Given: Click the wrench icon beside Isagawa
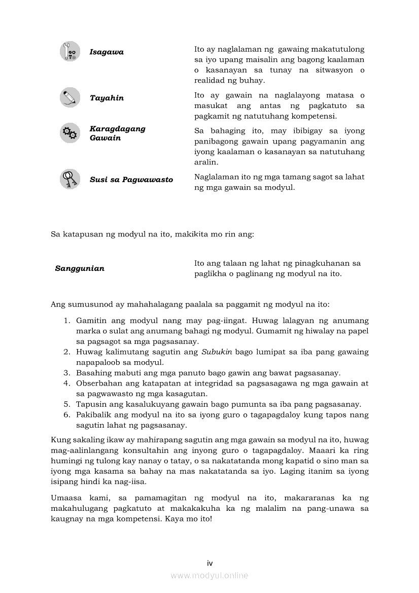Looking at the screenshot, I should click(x=69, y=52).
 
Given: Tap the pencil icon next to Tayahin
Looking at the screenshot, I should click(x=69, y=97).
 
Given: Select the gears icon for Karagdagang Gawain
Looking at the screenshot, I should click(x=69, y=133).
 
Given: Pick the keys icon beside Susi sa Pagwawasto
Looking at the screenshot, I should click(x=69, y=179).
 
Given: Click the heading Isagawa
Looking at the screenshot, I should click(x=107, y=52).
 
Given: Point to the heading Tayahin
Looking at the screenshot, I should click(x=107, y=98).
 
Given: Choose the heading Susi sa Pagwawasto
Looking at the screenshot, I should click(x=131, y=180).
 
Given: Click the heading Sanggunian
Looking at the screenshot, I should click(x=80, y=268).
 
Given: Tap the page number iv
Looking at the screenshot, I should click(x=209, y=563).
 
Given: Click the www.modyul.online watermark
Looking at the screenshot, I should click(x=209, y=575).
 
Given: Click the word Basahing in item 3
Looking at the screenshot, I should click(x=92, y=373).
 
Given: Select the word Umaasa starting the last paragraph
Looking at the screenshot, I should click(x=64, y=498).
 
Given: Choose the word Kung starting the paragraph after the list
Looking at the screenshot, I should click(x=59, y=440).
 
